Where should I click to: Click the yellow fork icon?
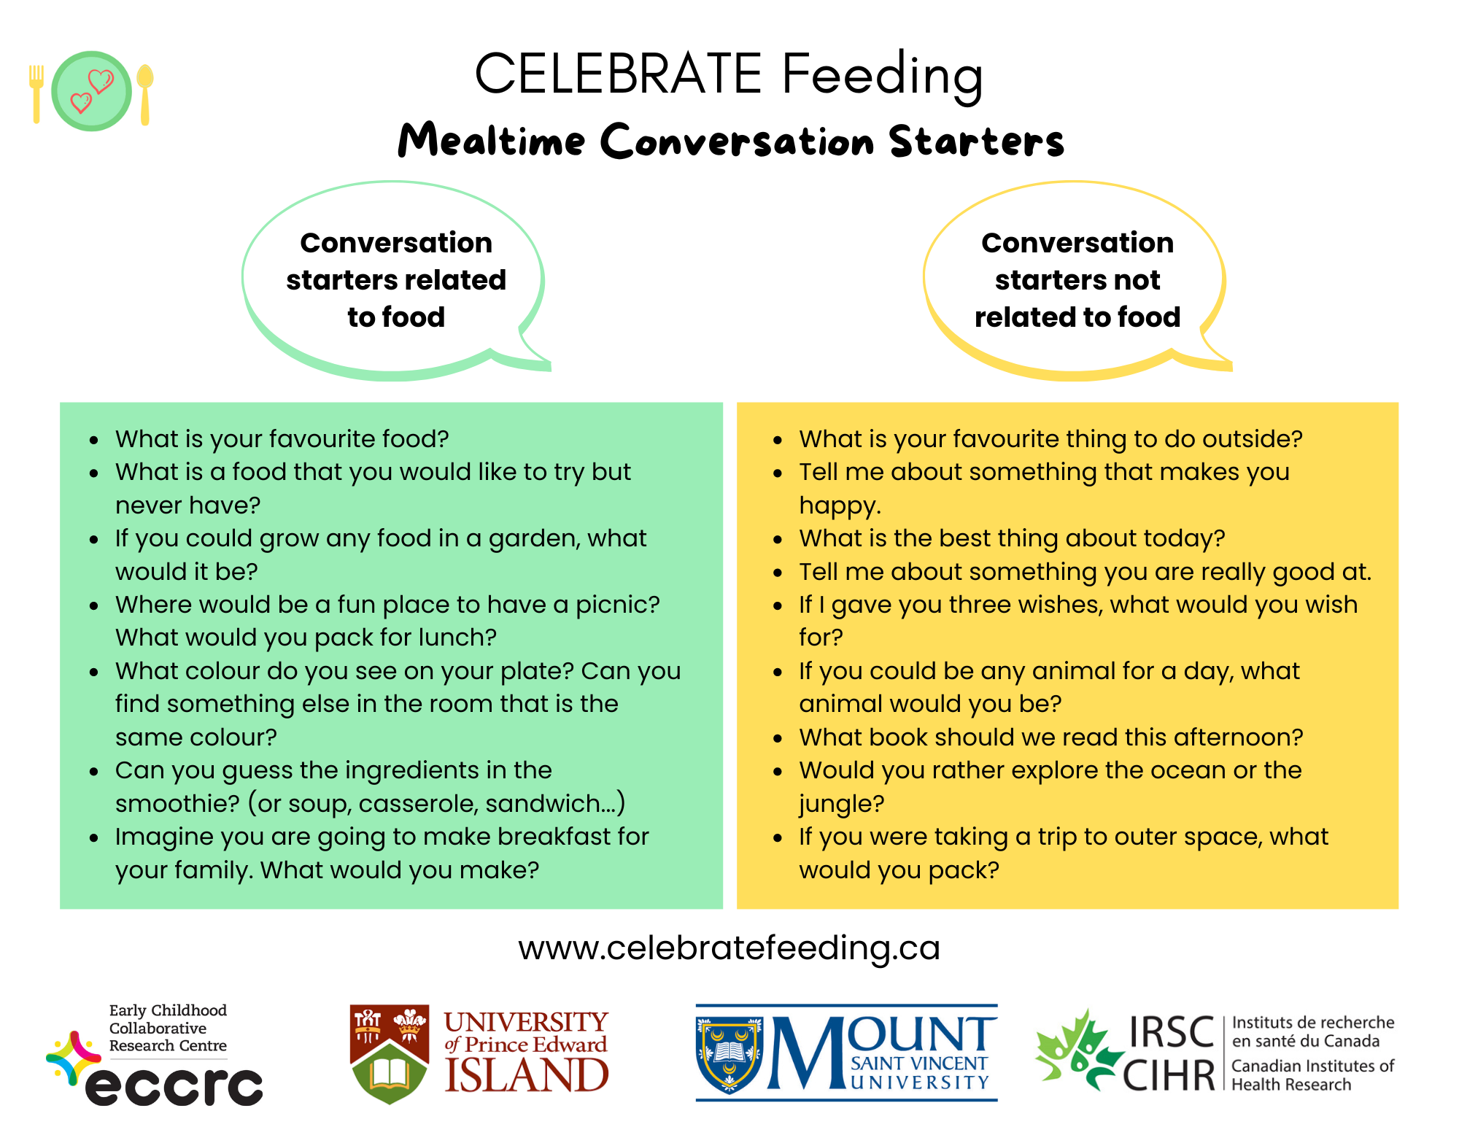point(36,93)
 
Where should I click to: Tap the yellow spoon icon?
point(144,93)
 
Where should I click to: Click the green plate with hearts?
point(91,91)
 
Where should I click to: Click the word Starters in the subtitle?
point(976,141)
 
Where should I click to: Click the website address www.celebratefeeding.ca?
point(729,948)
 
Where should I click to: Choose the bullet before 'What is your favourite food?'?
point(94,440)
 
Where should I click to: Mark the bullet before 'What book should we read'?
point(778,738)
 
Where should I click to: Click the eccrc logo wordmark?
point(174,1086)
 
